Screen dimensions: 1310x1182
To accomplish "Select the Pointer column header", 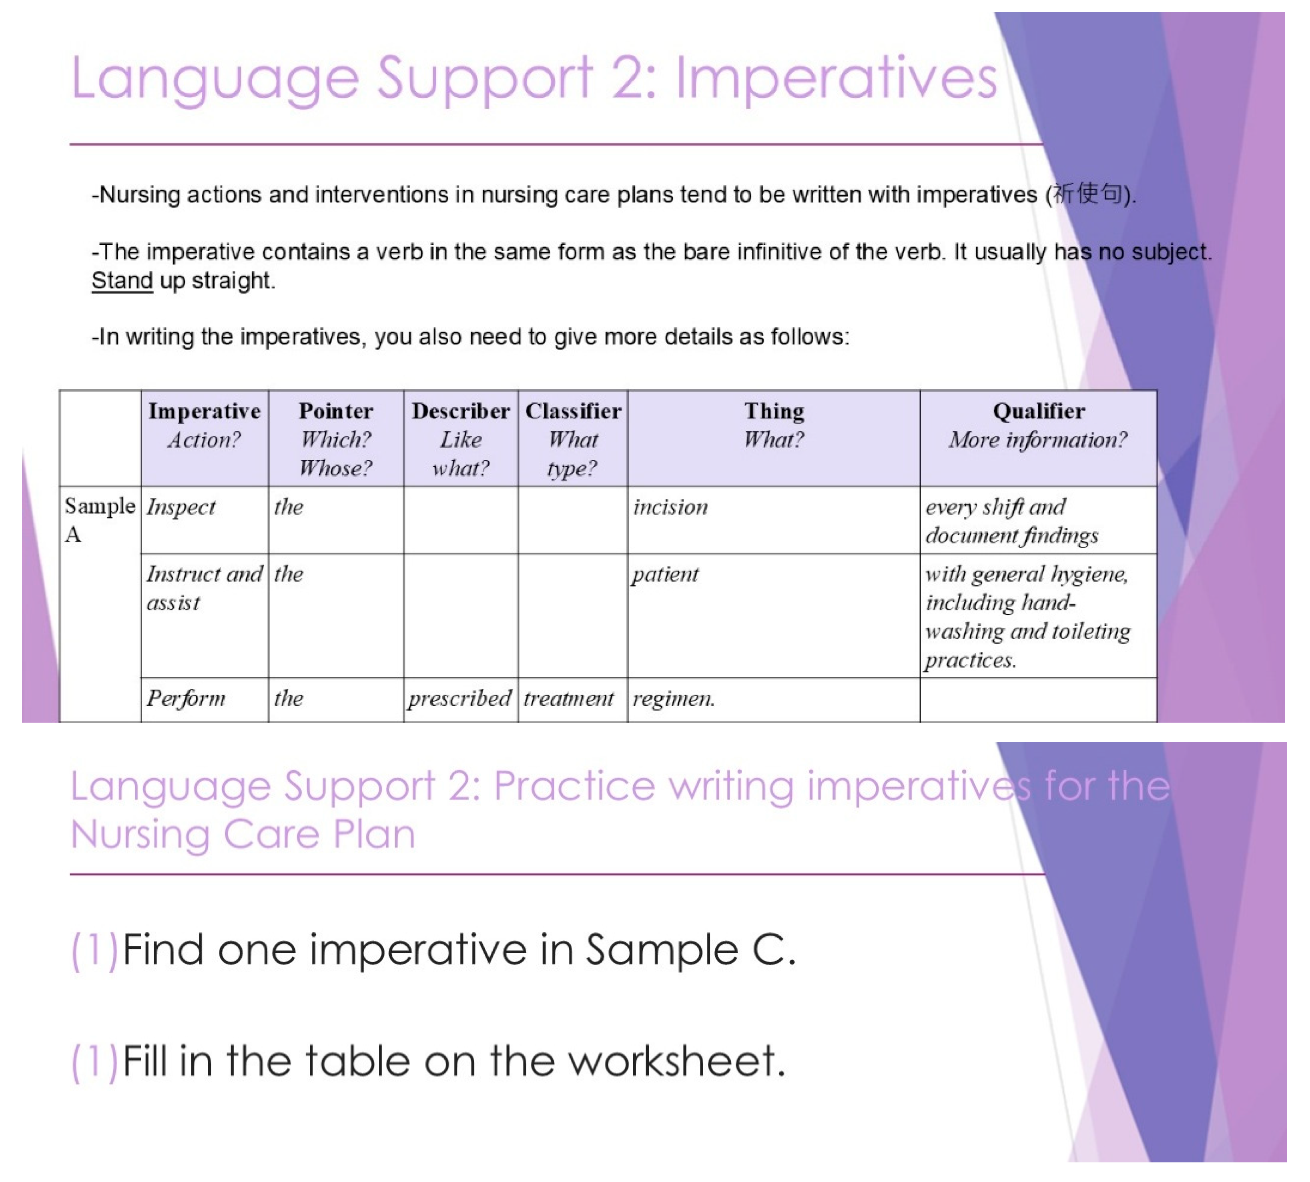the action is pyautogui.click(x=336, y=439).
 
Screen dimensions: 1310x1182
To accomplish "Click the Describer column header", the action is pyautogui.click(x=460, y=439).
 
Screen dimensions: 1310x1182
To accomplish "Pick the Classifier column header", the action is pyautogui.click(x=573, y=439).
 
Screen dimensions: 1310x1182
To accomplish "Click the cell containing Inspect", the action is pyautogui.click(x=205, y=519).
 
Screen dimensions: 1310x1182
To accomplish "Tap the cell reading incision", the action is pyautogui.click(x=774, y=519).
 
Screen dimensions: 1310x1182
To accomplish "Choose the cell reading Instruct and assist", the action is pyautogui.click(x=205, y=615).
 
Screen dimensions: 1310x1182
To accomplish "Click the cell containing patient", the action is pyautogui.click(x=774, y=615).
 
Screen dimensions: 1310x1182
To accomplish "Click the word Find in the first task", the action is pyautogui.click(x=163, y=950).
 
